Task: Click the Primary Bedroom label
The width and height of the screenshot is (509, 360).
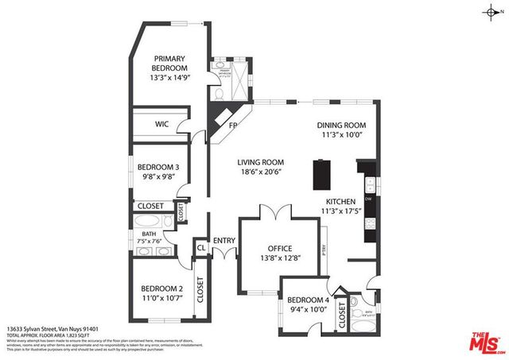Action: (169, 58)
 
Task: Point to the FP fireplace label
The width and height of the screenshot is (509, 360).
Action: (233, 126)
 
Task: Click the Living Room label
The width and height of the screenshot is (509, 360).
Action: (260, 162)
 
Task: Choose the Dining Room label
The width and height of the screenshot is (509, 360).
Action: (341, 125)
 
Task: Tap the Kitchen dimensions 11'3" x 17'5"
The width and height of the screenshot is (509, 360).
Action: (341, 211)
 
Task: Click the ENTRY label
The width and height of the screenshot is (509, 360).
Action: (223, 240)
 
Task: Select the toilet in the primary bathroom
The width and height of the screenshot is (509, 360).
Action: (220, 93)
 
